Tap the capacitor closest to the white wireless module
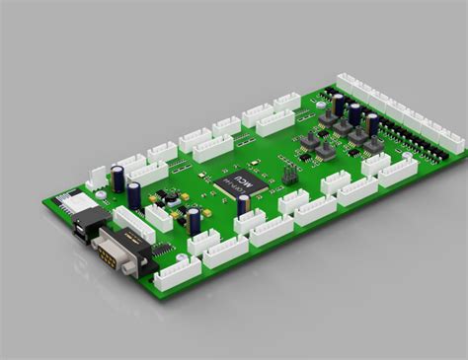coord(118,178)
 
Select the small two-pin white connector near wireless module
coord(97,177)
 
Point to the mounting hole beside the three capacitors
coord(320,100)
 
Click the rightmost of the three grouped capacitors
coord(372,123)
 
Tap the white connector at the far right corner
coord(450,141)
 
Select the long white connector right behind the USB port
coord(133,223)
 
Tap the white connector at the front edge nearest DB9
coord(178,273)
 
